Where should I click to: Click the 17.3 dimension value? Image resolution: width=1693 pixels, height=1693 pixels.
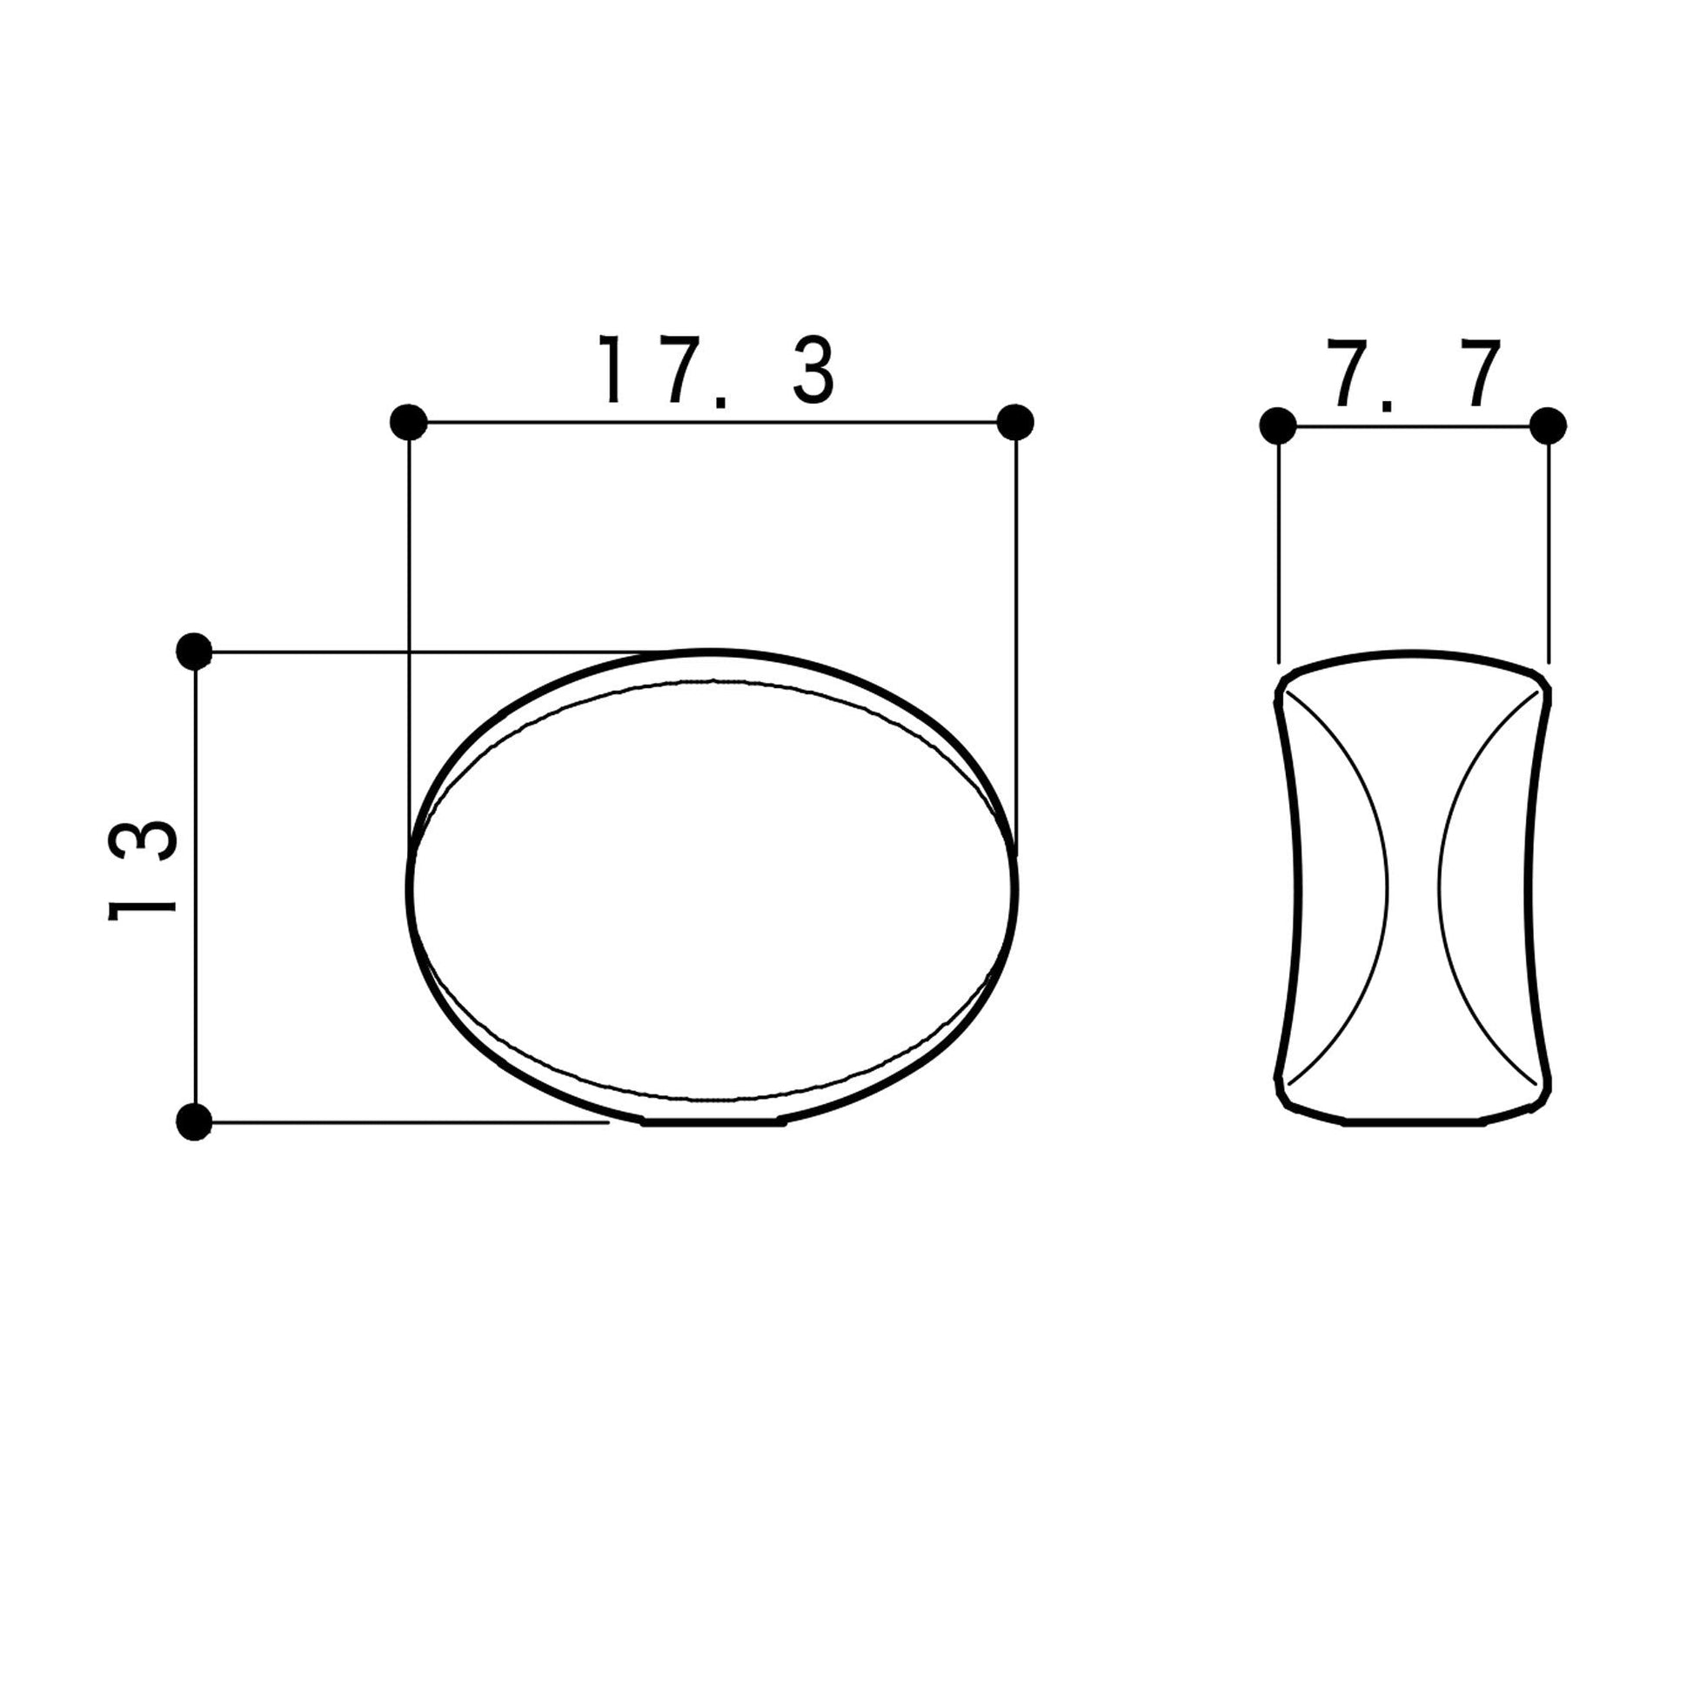point(716,370)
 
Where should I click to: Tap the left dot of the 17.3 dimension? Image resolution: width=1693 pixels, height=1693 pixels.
point(408,422)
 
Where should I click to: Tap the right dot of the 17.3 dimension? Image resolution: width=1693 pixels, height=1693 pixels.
point(1015,422)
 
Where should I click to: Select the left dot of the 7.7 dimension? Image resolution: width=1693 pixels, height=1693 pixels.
point(1278,427)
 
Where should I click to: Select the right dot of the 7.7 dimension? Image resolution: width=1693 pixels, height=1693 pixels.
point(1549,427)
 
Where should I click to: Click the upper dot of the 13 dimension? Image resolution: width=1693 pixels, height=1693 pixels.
point(195,651)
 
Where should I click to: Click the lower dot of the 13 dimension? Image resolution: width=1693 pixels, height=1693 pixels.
point(195,1121)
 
